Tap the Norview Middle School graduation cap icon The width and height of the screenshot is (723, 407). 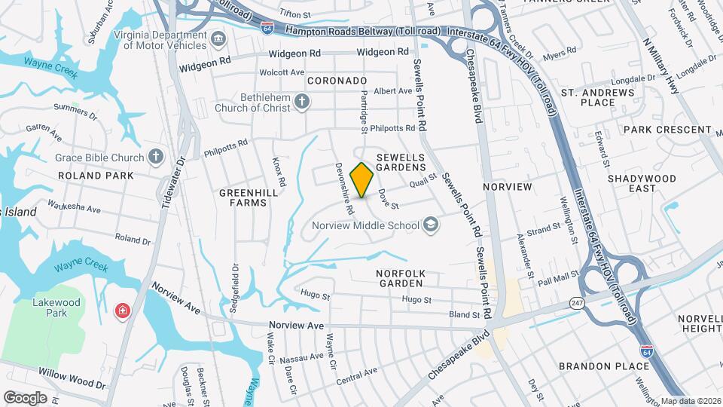pyautogui.click(x=430, y=225)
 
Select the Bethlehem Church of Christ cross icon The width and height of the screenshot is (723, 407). pyautogui.click(x=301, y=102)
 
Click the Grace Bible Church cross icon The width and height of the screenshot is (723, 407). pyautogui.click(x=156, y=158)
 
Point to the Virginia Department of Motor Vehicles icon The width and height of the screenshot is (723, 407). pyautogui.click(x=218, y=39)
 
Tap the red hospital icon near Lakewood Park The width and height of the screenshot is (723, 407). pyautogui.click(x=121, y=311)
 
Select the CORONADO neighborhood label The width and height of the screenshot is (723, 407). pyautogui.click(x=337, y=80)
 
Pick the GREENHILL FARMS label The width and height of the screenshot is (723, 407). pyautogui.click(x=243, y=197)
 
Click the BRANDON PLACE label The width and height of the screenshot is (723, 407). pyautogui.click(x=604, y=366)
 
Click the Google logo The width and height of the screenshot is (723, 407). pyautogui.click(x=26, y=397)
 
